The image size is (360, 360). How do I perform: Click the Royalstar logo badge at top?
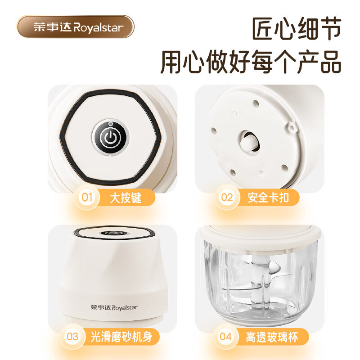tap(75, 27)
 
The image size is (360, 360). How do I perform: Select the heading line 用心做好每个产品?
tap(251, 61)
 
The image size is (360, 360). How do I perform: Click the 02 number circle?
tap(227, 198)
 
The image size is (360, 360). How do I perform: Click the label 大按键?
tap(126, 198)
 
